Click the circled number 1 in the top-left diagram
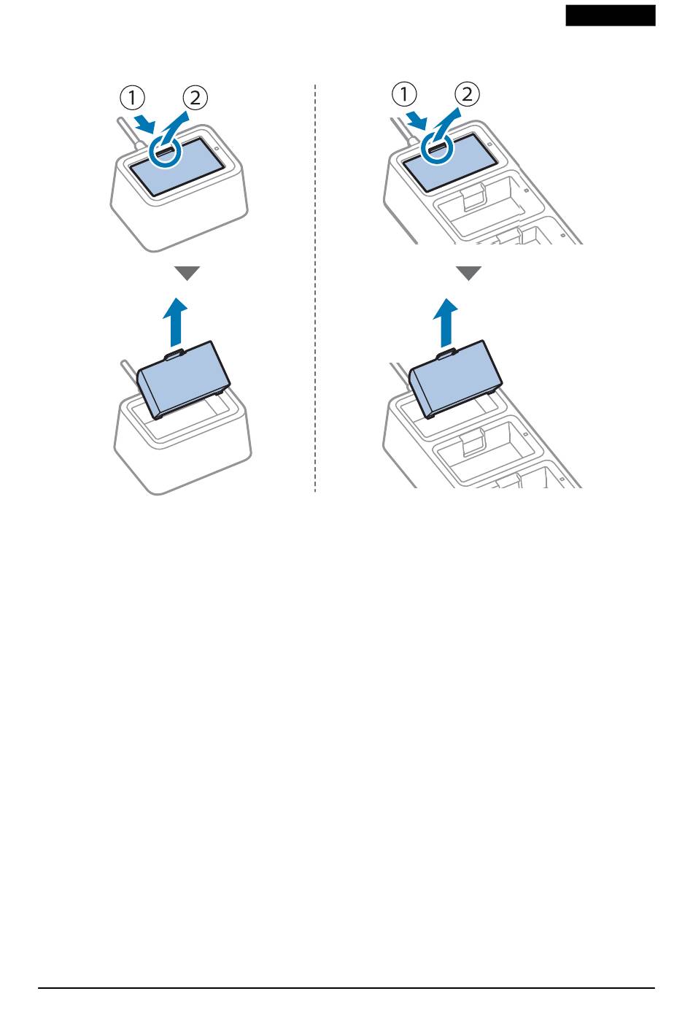[x=132, y=98]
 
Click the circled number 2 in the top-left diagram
[x=195, y=98]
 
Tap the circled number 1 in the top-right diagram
[x=404, y=94]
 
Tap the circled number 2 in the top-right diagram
[x=467, y=94]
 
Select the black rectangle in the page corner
[x=611, y=15]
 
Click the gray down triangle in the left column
[x=187, y=273]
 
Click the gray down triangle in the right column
[x=468, y=273]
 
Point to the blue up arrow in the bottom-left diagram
[x=175, y=322]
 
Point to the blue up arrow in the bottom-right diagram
[x=445, y=322]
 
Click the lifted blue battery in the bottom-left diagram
[x=184, y=381]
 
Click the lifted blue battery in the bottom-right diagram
[x=456, y=379]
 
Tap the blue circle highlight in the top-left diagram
[x=165, y=153]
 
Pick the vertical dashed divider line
[x=315, y=288]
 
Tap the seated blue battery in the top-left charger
[x=177, y=167]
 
